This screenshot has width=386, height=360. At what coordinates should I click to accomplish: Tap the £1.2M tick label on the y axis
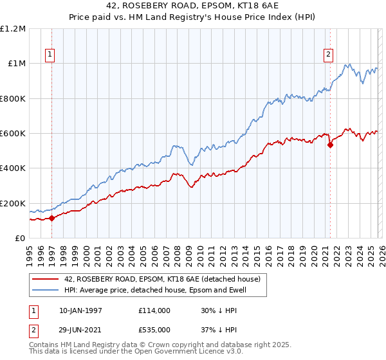coord(13,29)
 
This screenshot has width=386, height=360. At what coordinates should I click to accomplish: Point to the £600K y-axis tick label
coord(13,134)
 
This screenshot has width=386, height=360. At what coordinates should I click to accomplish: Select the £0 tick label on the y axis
coord(19,239)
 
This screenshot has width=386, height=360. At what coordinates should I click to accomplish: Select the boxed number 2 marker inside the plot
coord(328,55)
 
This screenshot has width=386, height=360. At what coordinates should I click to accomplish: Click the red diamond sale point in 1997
coord(51,219)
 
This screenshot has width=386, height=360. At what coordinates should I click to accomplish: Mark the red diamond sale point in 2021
coord(330,145)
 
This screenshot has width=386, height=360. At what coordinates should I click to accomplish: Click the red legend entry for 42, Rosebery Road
coord(161,279)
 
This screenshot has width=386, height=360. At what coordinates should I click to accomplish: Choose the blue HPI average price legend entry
coord(155,290)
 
